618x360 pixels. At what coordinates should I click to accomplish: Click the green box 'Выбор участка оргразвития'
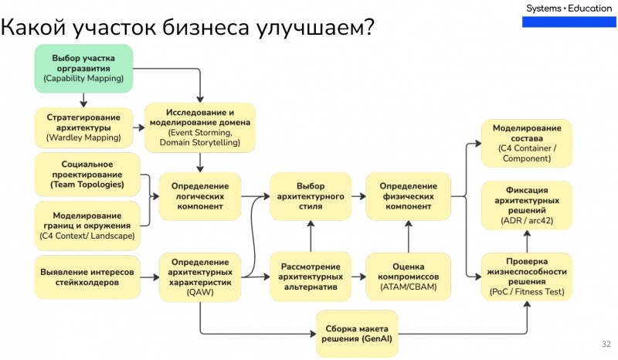pos(83,69)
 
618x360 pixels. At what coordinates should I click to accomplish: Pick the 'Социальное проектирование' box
pos(87,175)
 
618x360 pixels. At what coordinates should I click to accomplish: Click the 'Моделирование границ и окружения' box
pos(87,225)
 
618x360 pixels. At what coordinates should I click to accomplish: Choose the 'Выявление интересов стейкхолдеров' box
pos(87,278)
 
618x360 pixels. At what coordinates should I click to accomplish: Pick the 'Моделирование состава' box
pos(526,144)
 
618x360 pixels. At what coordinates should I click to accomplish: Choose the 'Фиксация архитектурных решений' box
pos(526,205)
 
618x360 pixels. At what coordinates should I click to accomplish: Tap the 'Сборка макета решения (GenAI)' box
pos(357,333)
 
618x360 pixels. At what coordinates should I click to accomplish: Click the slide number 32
pos(606,344)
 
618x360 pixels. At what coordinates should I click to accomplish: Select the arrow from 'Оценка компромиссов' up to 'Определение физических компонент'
pos(409,236)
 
